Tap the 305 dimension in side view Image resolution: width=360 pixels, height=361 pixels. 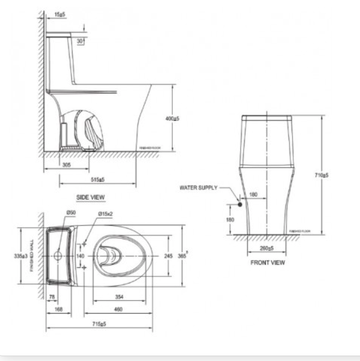(67, 163)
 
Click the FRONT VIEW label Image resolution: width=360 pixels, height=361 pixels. (267, 262)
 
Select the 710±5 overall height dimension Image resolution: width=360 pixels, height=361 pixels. (323, 175)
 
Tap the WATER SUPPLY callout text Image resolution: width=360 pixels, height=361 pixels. (199, 187)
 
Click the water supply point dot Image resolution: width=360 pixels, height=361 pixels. (239, 204)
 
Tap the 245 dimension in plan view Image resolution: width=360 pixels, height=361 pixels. (169, 255)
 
